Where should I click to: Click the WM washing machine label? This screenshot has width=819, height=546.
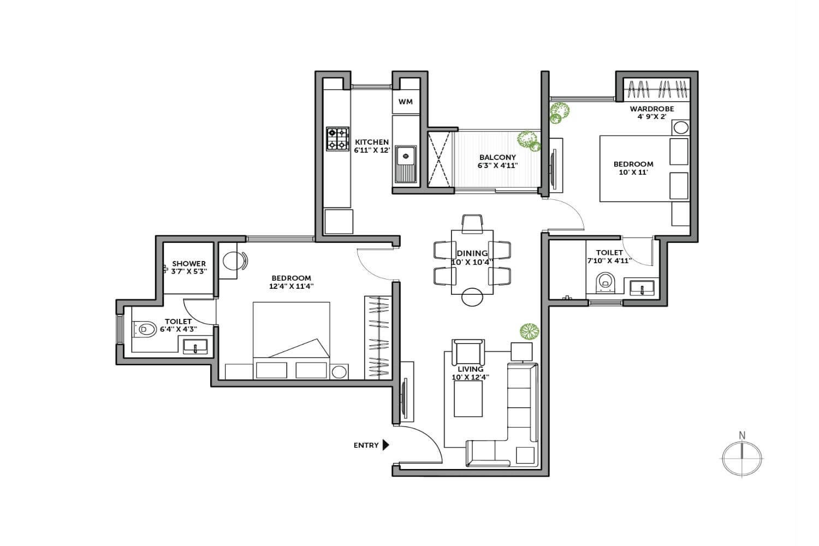coord(406,102)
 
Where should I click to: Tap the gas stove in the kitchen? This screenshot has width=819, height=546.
coord(337,139)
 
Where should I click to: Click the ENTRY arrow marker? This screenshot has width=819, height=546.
coord(385,444)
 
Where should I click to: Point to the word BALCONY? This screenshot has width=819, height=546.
coord(497,157)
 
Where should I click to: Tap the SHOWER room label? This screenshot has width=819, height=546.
coord(189,263)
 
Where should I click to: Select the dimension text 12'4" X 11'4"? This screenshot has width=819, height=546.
coord(292,286)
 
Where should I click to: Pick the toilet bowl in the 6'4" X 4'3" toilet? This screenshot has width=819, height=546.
coord(144,329)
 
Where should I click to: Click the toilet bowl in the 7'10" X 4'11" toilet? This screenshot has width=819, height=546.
coord(606,283)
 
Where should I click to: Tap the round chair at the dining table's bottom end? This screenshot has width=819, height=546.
coord(472,297)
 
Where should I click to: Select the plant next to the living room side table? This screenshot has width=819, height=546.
coord(530,331)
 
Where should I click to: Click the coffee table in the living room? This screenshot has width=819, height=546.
coord(468,399)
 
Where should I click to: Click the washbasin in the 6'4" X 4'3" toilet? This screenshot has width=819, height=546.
coord(195,346)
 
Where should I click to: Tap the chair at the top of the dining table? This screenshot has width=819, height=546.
coord(472,223)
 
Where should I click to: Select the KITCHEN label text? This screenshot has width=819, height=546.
coord(372,142)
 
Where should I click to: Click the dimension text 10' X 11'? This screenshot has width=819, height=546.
coord(633,172)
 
